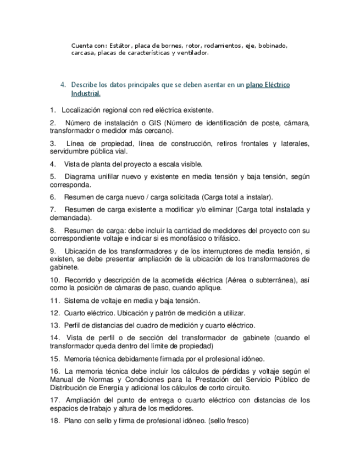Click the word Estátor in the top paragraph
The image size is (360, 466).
click(120, 45)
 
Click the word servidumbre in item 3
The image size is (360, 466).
click(68, 152)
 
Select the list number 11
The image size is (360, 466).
click(54, 301)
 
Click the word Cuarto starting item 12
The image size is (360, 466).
click(76, 313)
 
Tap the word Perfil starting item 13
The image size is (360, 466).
click(73, 325)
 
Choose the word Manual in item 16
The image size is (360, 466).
click(62, 379)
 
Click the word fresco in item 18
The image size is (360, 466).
click(236, 421)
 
